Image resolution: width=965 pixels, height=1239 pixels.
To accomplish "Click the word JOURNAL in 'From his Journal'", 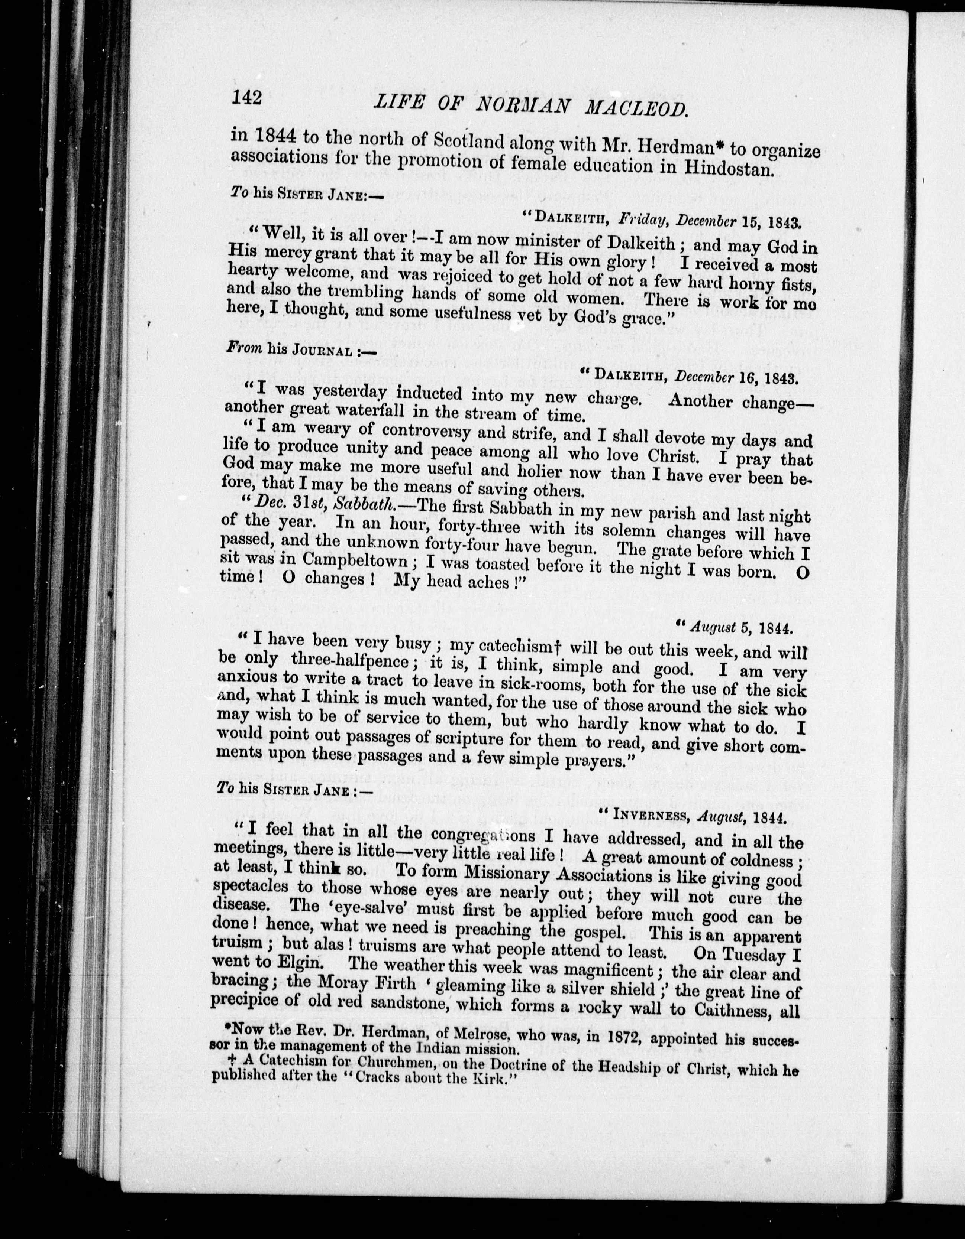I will [x=322, y=350].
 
